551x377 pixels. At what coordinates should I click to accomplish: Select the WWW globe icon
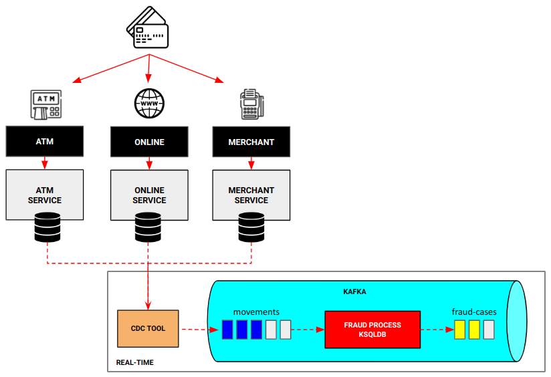[149, 104]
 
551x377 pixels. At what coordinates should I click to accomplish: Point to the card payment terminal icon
[251, 104]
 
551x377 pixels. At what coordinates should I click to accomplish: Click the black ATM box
[45, 142]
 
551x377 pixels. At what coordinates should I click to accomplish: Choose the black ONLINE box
[149, 142]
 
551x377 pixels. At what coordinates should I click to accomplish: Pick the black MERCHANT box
[251, 142]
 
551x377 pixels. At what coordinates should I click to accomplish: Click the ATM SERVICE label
[45, 195]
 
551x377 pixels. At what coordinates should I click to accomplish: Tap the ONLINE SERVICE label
[149, 195]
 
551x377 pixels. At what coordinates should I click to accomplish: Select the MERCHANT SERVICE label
[251, 195]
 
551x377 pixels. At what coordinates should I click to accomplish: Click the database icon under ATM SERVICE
[47, 227]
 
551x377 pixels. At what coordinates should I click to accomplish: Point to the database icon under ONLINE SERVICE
[148, 227]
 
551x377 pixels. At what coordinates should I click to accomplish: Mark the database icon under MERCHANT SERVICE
[251, 227]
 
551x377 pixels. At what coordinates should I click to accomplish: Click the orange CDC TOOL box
[147, 328]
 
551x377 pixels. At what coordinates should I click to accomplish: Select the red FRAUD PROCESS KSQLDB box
[372, 329]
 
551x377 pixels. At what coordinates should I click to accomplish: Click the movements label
[257, 312]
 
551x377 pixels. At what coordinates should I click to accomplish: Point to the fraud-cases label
[474, 311]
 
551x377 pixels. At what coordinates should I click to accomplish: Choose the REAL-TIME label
[135, 362]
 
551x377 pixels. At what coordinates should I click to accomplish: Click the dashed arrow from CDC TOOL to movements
[199, 330]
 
